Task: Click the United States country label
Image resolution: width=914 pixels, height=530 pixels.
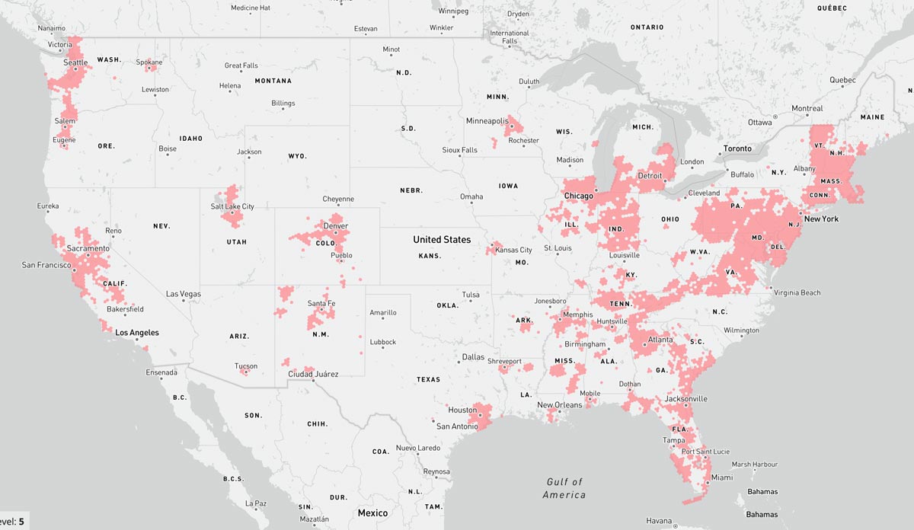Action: coord(442,240)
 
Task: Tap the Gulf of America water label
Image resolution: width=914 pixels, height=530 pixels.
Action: coord(564,488)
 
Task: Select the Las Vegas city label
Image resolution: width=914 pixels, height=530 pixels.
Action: coord(184,294)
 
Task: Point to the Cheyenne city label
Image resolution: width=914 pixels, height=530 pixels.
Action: coord(337,200)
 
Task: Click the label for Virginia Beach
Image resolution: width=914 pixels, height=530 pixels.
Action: coord(797,293)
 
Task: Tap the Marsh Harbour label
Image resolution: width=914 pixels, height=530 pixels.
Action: coord(754,465)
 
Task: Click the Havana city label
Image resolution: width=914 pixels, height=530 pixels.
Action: coord(659,521)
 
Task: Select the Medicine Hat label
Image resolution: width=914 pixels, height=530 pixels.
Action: coord(251,8)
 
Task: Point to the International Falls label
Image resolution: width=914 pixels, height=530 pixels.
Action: coord(510,37)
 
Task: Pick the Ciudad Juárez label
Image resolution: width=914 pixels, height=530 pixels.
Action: coord(313,374)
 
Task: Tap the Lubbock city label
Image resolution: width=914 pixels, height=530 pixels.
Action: coord(382,343)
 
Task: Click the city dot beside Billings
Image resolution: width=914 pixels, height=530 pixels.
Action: coord(283,110)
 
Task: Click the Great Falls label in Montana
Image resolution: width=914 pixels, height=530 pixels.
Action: coord(241,66)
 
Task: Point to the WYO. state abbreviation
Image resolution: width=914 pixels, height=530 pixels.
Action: coord(296,156)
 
